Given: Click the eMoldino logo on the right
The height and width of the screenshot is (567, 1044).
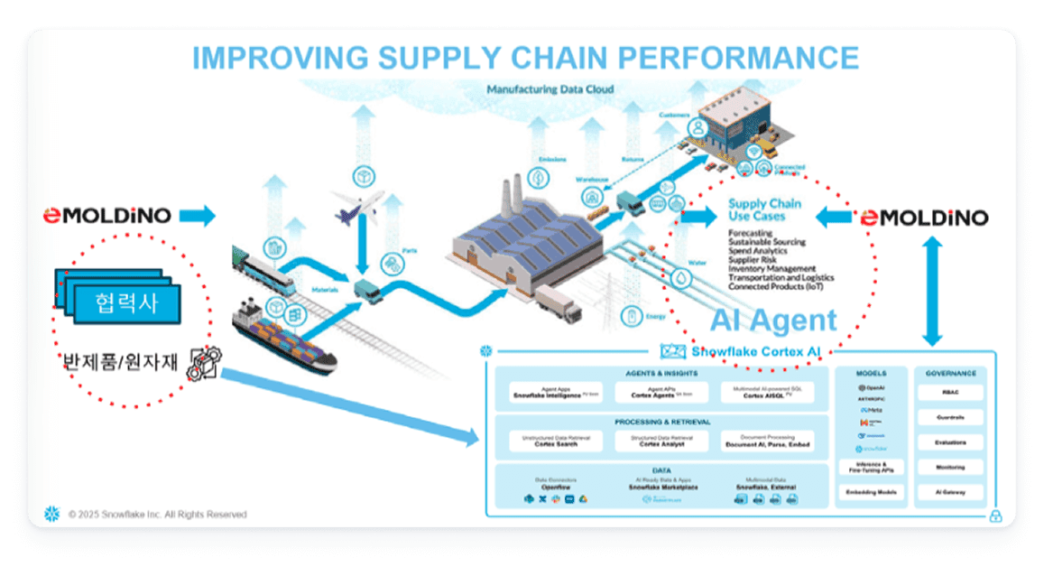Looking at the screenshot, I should [x=924, y=218].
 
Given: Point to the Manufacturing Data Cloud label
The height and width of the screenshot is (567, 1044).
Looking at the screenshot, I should [x=550, y=90].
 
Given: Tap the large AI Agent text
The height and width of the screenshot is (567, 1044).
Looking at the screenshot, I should [x=773, y=321].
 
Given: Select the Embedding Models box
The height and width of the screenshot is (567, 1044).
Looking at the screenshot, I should [x=870, y=492].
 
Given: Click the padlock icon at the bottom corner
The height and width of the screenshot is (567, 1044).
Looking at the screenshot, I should [x=996, y=516].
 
